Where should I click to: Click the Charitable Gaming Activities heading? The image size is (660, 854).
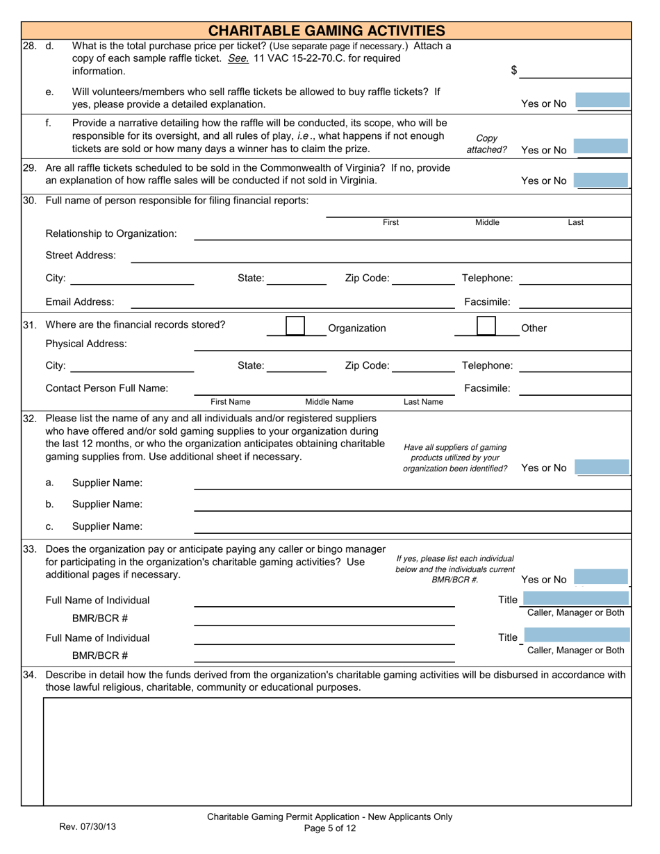(x=327, y=31)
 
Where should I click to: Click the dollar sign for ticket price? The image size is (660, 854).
(x=514, y=70)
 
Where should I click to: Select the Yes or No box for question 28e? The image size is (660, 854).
(x=602, y=101)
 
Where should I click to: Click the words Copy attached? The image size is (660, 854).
(x=486, y=144)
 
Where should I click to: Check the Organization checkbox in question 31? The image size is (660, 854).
(x=295, y=326)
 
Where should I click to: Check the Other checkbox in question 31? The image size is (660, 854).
(x=486, y=326)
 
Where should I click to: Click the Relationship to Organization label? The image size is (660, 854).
(x=111, y=233)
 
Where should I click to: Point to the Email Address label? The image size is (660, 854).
(x=80, y=302)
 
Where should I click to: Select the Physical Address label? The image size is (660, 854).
(x=86, y=344)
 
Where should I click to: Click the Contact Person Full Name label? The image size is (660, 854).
(x=107, y=388)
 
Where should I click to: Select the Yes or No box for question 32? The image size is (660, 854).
(x=602, y=467)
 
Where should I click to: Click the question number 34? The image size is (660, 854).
(x=30, y=675)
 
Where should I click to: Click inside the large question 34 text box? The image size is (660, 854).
(x=337, y=751)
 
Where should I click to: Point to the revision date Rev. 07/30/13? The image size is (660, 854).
(x=88, y=827)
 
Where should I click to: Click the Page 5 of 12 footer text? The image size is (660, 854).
(x=330, y=828)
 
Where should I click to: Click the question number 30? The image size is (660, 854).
(x=30, y=201)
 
